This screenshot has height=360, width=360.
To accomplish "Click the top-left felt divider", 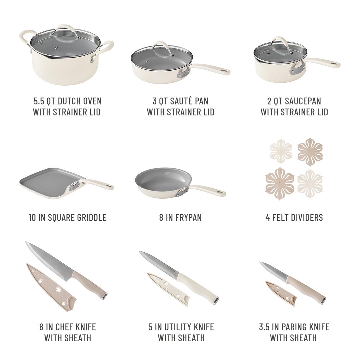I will point(281,151).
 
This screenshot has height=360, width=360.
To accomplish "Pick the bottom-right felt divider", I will point(310,184).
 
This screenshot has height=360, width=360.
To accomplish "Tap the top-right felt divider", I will point(310,152).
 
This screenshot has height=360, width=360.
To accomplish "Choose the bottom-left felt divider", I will point(279,183).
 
